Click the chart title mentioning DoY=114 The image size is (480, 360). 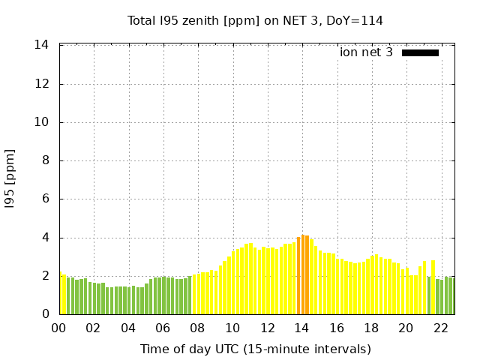coord(255,20)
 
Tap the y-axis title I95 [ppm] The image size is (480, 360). coord(10,179)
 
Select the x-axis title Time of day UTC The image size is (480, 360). coord(255,349)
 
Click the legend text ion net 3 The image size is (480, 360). coord(366,52)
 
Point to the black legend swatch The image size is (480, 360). coord(420,52)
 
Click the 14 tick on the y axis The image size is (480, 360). coord(42,45)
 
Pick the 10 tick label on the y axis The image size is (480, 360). coord(42,122)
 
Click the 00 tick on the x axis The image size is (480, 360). coord(58,328)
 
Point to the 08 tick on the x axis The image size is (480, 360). coord(197,328)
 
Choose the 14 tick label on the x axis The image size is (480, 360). coord(301,328)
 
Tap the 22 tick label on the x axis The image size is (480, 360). coord(440,328)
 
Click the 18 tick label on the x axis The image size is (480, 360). coord(370,328)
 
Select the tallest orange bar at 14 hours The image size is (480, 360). coord(303,274)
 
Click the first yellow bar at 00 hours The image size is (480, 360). coord(61,294)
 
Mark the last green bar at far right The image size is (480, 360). coord(451,296)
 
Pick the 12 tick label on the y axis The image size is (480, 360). coord(42,84)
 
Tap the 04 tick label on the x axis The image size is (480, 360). coord(128,328)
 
